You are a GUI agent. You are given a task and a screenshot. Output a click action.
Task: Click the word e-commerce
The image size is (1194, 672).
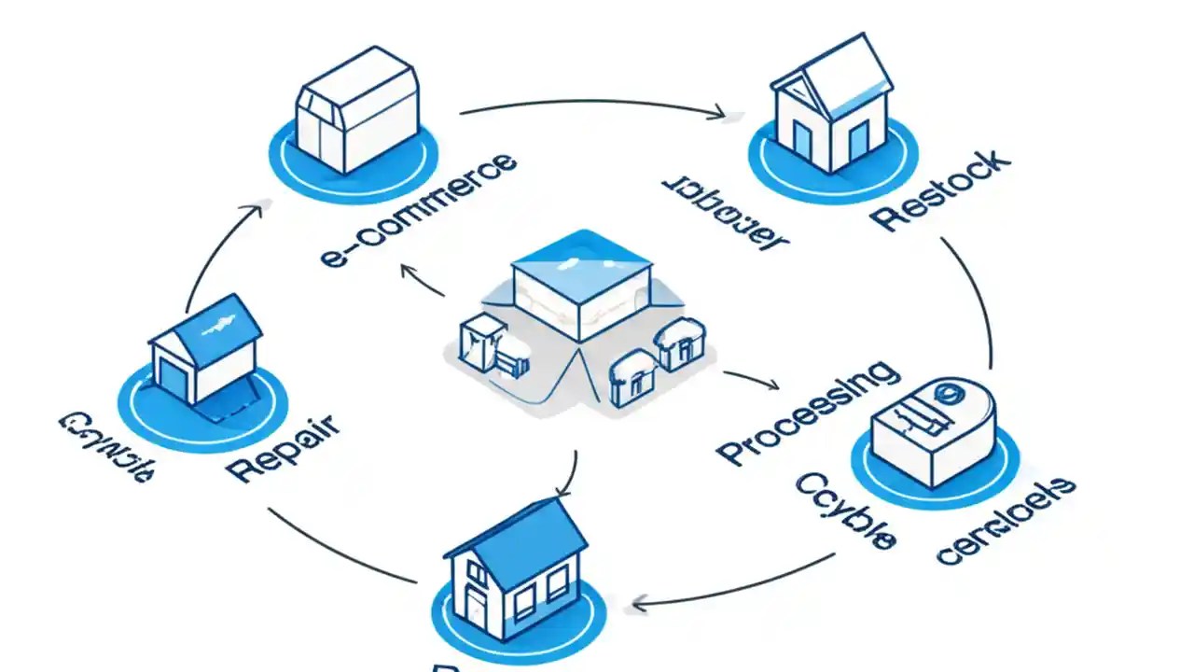[417, 211]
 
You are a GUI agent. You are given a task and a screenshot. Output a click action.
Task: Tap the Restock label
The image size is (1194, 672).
[942, 189]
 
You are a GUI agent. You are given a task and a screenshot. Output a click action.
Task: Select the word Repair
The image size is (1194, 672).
[284, 449]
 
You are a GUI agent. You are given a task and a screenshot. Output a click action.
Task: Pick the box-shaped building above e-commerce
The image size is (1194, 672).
[355, 110]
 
